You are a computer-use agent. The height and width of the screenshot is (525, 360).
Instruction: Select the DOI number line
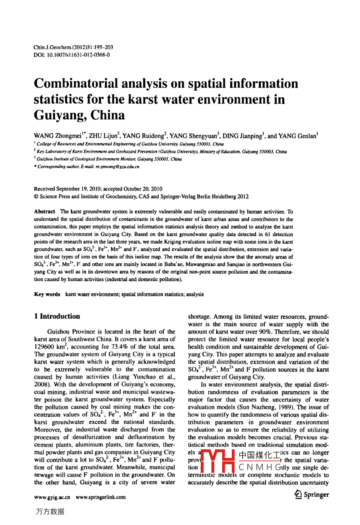(x=72, y=54)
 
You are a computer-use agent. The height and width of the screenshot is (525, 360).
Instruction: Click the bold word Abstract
(x=45, y=212)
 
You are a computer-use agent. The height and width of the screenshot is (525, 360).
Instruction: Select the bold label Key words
(x=47, y=294)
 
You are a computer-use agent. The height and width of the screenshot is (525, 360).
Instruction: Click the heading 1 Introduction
(x=57, y=316)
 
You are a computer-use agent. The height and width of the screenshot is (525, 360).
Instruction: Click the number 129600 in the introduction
(x=45, y=347)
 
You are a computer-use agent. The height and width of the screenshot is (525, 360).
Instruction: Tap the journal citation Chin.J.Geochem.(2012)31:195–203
(x=73, y=47)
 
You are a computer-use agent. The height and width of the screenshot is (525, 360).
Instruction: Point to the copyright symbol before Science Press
(x=36, y=196)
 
